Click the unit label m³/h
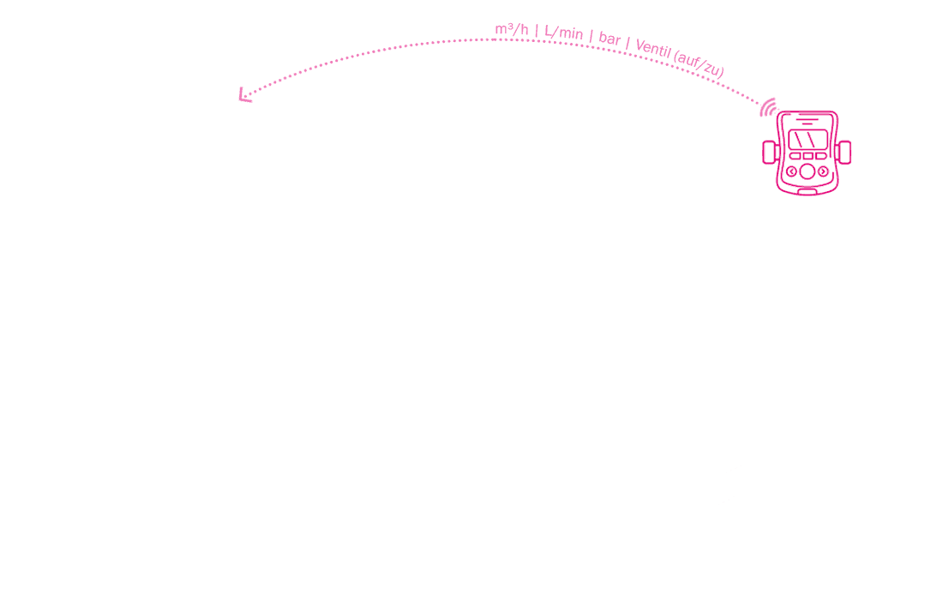click(x=512, y=29)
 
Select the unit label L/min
click(x=563, y=33)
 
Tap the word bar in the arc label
click(x=610, y=39)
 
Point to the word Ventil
click(x=653, y=49)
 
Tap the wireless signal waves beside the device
click(x=767, y=108)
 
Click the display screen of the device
click(x=808, y=140)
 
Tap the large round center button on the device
click(x=807, y=172)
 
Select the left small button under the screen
click(x=795, y=156)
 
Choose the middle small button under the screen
click(x=808, y=156)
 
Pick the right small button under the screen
click(x=821, y=156)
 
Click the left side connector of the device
click(x=770, y=152)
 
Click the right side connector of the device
click(x=844, y=152)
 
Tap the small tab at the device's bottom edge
click(x=807, y=192)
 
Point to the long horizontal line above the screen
click(x=807, y=118)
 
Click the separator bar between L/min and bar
click(x=592, y=37)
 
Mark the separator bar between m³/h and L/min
click(x=537, y=30)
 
